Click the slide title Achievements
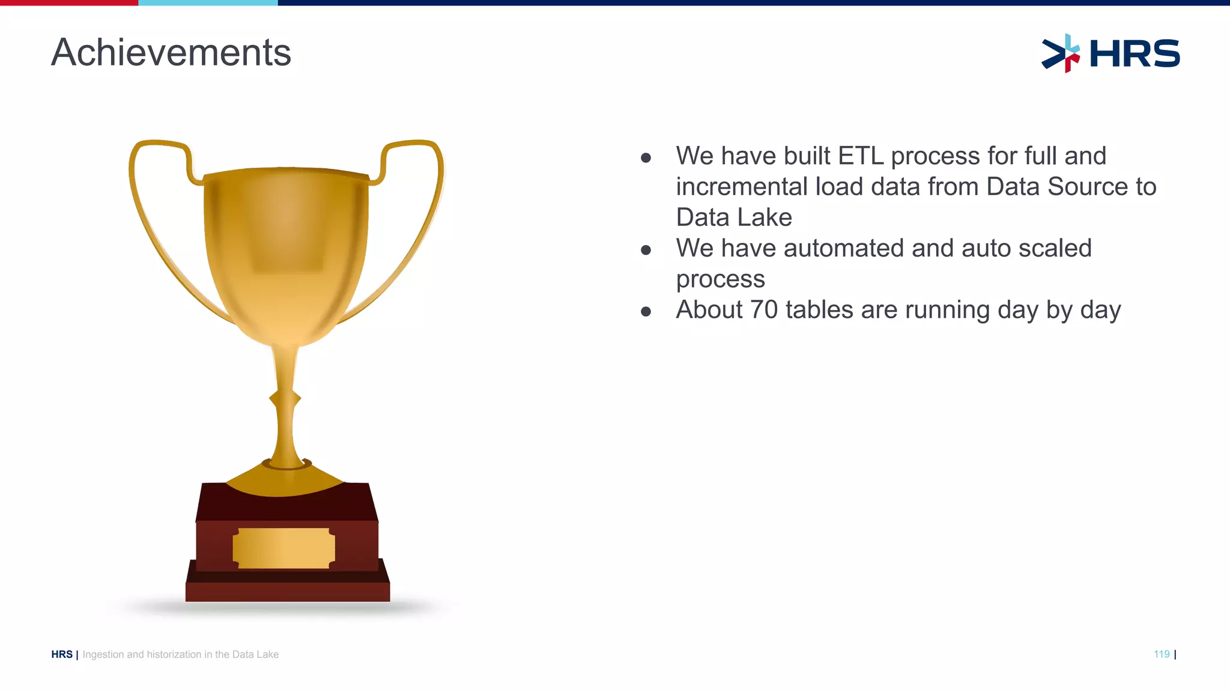[171, 52]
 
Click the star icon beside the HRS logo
[1061, 53]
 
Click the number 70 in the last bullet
[764, 310]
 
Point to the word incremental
[742, 187]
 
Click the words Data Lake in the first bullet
[734, 217]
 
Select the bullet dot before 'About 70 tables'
[646, 311]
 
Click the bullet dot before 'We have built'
[646, 158]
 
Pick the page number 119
[1162, 654]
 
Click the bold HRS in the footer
[62, 654]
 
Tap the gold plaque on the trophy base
[284, 548]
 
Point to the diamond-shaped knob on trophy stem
[285, 398]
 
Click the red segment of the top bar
[69, 2]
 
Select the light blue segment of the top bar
[208, 2]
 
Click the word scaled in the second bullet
[1055, 248]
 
